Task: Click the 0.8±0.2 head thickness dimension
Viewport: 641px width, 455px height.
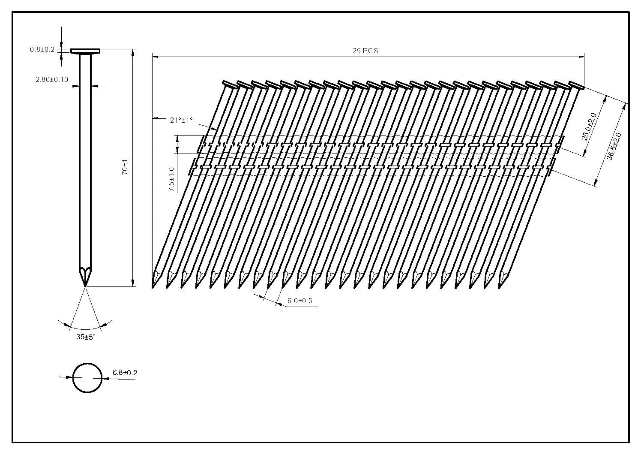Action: point(42,50)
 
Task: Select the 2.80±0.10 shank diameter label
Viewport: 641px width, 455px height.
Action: point(52,80)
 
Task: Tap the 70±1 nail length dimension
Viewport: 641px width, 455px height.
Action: point(125,167)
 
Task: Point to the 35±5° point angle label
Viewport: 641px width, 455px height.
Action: point(86,337)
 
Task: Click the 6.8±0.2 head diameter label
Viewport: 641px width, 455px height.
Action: point(125,373)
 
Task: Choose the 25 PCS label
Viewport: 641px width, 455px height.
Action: point(365,51)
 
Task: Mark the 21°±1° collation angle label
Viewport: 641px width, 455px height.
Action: point(181,120)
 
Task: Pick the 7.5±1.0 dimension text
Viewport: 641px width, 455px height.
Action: point(172,180)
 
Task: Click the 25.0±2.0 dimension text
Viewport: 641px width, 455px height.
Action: point(589,127)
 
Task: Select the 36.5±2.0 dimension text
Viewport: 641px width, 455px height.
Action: point(614,146)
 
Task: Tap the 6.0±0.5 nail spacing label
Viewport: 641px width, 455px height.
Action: point(300,301)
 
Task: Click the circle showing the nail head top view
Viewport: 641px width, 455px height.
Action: point(87,364)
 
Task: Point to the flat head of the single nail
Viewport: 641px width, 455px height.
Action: point(86,51)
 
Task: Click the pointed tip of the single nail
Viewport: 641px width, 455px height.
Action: point(85,286)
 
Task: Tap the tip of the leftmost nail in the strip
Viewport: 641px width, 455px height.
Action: point(153,288)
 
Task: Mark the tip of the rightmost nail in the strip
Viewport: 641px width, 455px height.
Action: point(499,288)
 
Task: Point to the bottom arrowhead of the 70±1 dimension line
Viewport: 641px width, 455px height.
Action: point(133,283)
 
